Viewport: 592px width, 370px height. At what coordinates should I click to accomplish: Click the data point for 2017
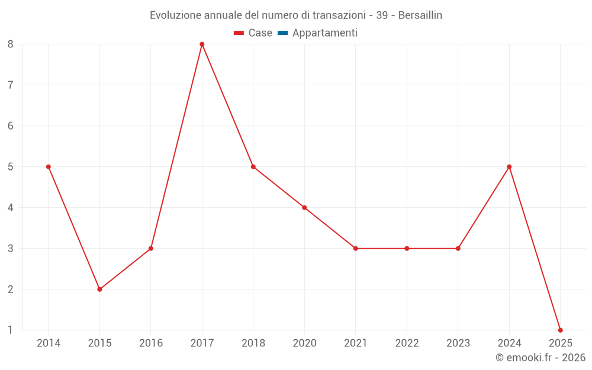point(202,44)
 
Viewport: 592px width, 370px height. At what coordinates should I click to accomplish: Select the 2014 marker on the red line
point(49,167)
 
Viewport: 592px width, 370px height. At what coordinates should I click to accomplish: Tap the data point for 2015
point(99,289)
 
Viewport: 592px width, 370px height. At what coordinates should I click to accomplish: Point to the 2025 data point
point(560,330)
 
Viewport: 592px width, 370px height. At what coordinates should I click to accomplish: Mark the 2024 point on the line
point(509,167)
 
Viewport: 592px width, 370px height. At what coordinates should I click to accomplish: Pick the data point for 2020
point(304,208)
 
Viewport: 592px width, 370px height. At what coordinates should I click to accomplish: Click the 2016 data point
point(151,249)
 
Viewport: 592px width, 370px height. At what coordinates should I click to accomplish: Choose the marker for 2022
point(407,249)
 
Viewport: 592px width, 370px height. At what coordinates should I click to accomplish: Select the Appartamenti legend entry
point(324,33)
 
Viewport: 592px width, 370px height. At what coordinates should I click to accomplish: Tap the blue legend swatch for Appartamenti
point(282,33)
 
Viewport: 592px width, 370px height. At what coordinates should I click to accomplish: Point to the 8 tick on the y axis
point(11,44)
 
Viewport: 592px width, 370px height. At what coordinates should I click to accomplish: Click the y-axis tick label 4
point(11,208)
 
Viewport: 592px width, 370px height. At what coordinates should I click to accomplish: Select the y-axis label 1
point(11,330)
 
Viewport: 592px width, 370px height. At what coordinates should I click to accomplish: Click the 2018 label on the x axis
point(253,343)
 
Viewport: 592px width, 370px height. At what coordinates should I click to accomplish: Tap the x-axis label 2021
point(356,343)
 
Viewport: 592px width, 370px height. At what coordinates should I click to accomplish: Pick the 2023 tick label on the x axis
point(458,343)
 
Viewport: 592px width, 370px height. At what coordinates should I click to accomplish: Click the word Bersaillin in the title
point(420,15)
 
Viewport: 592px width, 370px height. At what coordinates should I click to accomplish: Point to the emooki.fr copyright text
point(540,358)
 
